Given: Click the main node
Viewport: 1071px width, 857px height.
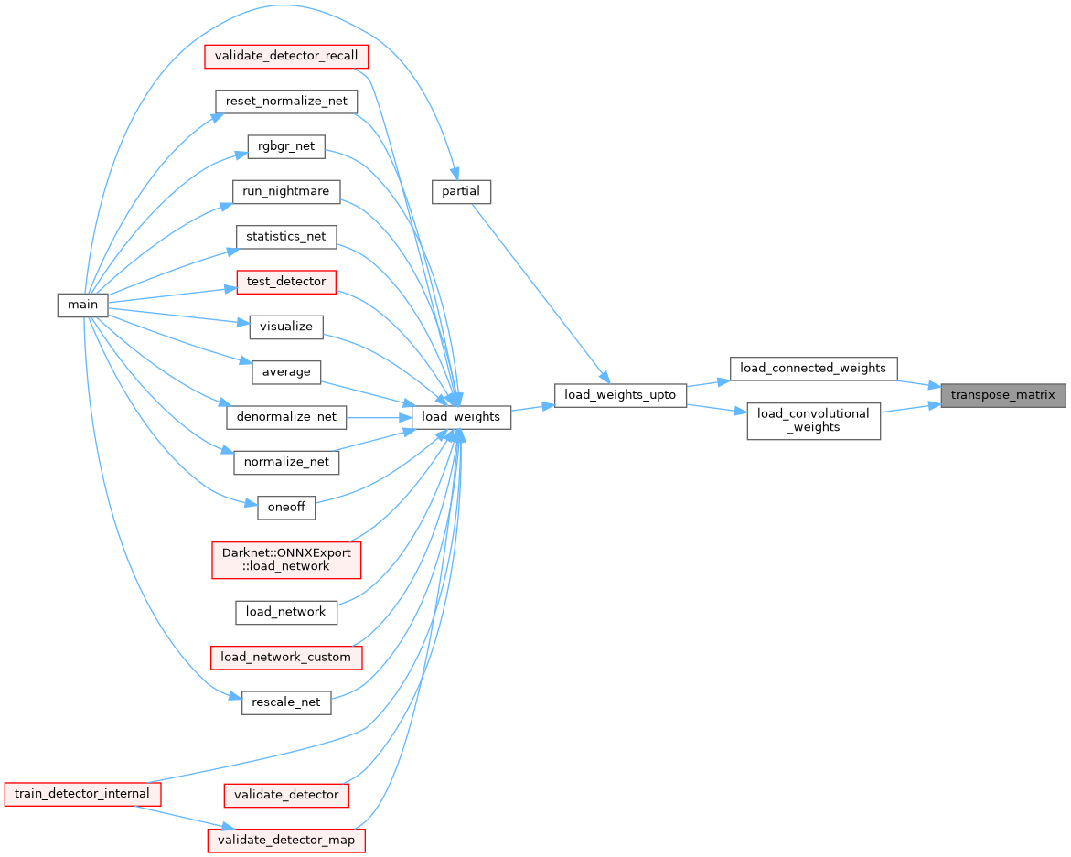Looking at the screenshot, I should [x=82, y=305].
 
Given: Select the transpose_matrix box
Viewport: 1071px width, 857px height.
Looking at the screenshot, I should [x=1002, y=395].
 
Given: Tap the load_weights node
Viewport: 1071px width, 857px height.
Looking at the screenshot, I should [x=461, y=417].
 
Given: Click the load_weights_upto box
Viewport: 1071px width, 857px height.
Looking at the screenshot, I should [x=620, y=395].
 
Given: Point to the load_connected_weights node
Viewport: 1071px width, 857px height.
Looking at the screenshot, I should [x=813, y=368].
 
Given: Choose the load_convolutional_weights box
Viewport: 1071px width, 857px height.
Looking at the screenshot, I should [x=813, y=421].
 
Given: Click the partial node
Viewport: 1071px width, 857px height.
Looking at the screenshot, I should [x=461, y=191].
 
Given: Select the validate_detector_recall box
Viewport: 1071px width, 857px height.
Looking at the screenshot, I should [x=286, y=56].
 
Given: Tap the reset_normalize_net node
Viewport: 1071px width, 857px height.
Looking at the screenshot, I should [x=286, y=101].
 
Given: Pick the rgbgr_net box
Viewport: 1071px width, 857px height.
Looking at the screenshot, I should [x=286, y=146].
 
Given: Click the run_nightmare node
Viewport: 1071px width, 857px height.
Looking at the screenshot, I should [x=286, y=191].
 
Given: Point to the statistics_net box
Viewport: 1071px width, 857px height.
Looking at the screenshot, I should [x=286, y=236].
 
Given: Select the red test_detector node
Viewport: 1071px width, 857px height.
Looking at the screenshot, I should [x=286, y=282].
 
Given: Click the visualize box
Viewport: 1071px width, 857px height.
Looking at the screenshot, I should [x=286, y=327].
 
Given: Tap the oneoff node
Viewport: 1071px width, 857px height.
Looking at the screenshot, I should [x=286, y=508].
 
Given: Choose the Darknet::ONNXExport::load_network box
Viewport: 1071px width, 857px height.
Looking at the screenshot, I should [x=286, y=560].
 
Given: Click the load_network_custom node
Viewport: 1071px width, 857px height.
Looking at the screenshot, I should [x=286, y=657].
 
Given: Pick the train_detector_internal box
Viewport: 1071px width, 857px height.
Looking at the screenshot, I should [x=82, y=793].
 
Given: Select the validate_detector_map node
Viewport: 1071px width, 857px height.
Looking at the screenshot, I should [x=286, y=839].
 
